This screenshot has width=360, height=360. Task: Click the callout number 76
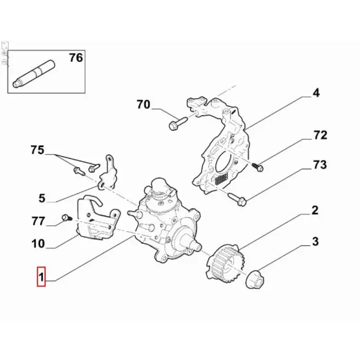pos(76,58)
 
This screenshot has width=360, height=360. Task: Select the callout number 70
pos(143,104)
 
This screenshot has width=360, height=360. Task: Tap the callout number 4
pos(316,93)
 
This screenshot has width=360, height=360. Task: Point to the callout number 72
pos(320,135)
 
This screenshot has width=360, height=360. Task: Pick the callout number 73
pos(320,165)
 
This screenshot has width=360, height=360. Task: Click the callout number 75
pos(38,150)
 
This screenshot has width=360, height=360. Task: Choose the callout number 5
pos(42,198)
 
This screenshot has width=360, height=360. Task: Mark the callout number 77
pos(38,221)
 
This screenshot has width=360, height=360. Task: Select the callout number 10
pos(38,244)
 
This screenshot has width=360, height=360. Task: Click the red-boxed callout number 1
pos(41,277)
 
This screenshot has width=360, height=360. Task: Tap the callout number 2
pos(315,210)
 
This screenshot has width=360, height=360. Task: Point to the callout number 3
pos(315,242)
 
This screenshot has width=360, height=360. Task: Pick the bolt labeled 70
pos(178,123)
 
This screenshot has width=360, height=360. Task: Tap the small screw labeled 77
pos(67,218)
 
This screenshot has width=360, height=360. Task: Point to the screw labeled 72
pos(258,167)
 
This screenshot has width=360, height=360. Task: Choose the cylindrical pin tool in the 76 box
pos(33,74)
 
